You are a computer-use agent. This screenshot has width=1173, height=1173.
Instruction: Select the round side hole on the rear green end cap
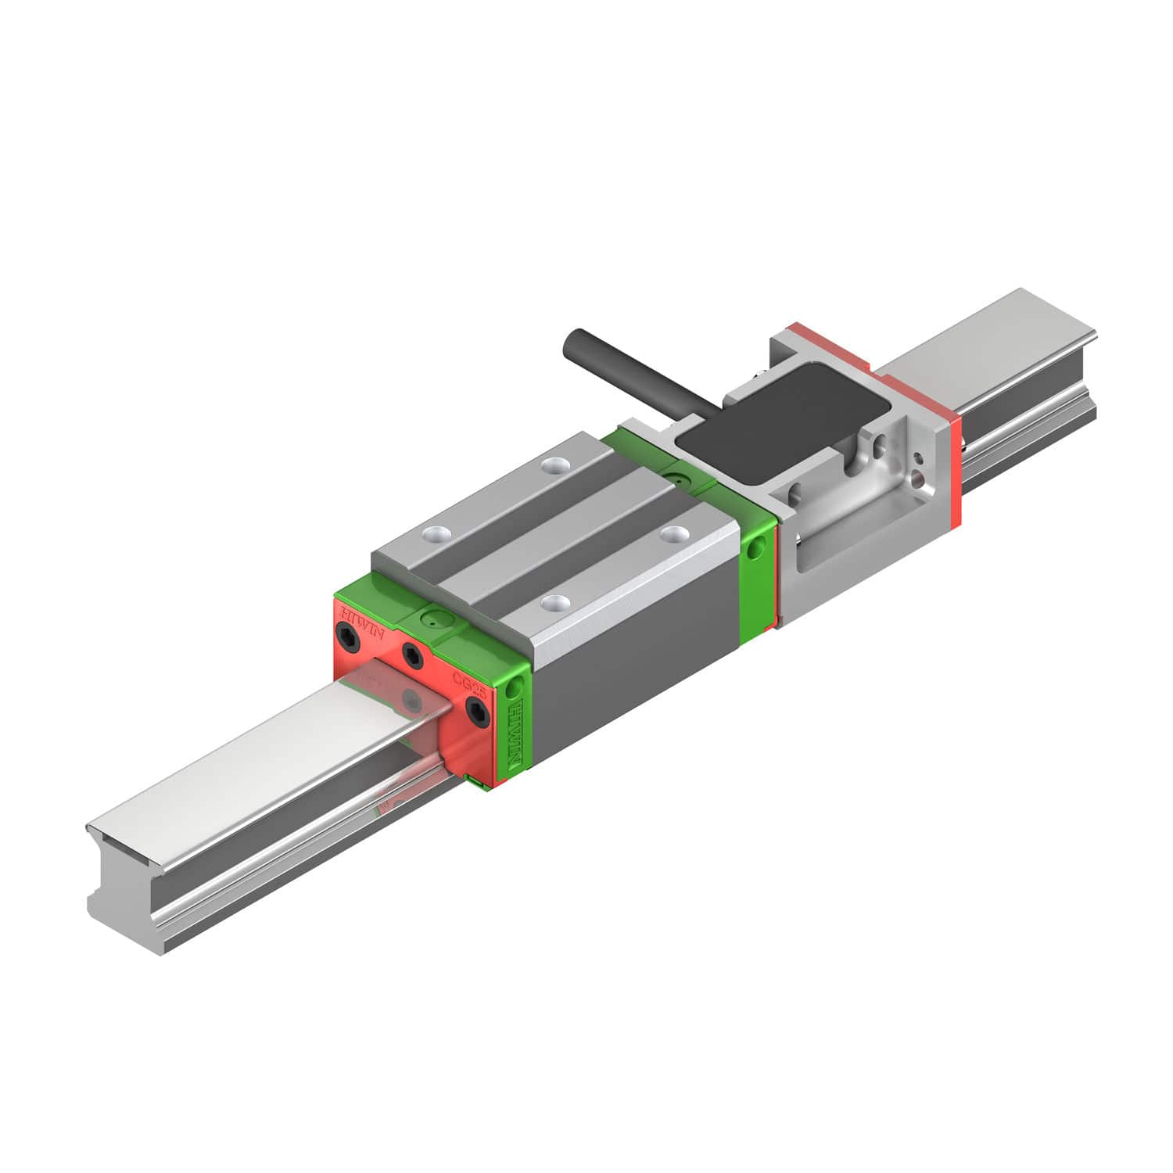pyautogui.click(x=755, y=551)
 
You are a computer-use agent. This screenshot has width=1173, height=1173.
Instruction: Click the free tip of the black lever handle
pyautogui.click(x=573, y=342)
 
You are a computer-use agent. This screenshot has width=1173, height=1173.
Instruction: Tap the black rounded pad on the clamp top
pyautogui.click(x=782, y=423)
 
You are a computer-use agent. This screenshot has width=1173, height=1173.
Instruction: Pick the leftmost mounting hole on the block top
pyautogui.click(x=432, y=535)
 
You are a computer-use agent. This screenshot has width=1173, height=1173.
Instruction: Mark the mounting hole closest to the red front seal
pyautogui.click(x=556, y=602)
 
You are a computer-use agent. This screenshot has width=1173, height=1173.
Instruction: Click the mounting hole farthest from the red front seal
pyautogui.click(x=554, y=466)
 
